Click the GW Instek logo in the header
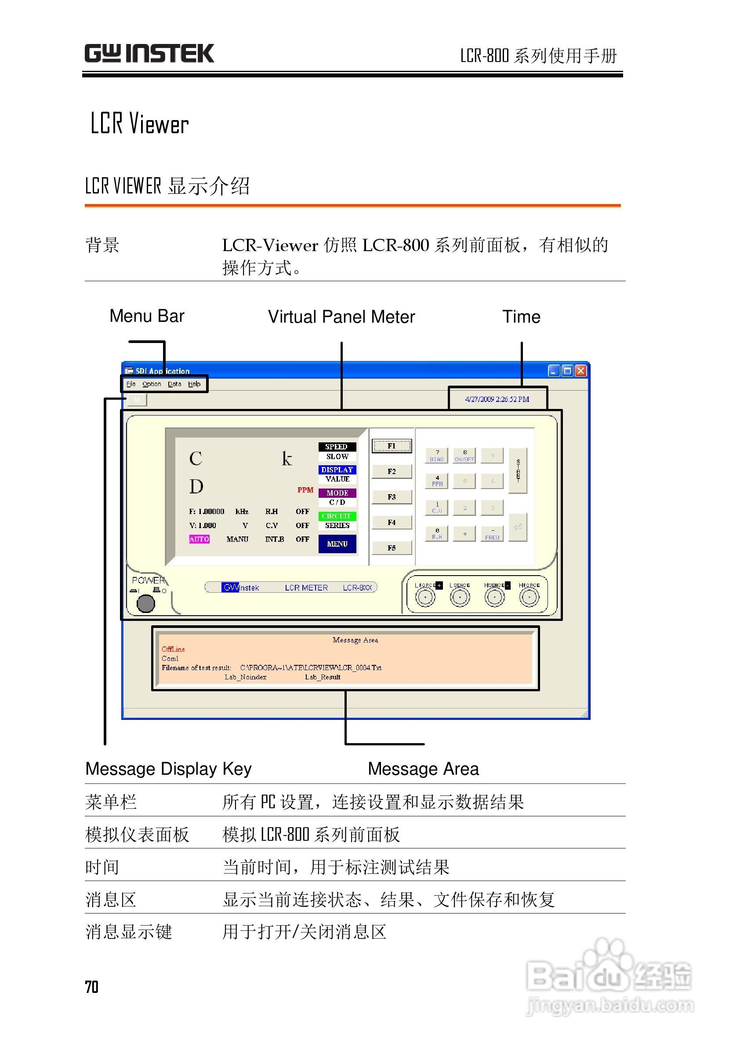(x=149, y=53)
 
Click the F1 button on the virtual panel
(x=392, y=445)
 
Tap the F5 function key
(x=392, y=547)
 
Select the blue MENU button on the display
(x=337, y=544)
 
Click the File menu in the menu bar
(x=131, y=384)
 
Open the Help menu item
(x=194, y=384)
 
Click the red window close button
(x=580, y=371)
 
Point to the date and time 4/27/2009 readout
(x=497, y=399)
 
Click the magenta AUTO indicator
(x=199, y=539)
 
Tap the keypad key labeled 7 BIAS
(x=436, y=455)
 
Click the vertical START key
(x=518, y=470)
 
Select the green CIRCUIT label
(x=337, y=516)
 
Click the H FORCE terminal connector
(x=529, y=597)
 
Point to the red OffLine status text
(x=173, y=649)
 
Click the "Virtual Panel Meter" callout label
(x=341, y=317)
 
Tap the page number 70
(x=91, y=986)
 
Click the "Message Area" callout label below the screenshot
(x=423, y=768)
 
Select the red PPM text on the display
(x=305, y=490)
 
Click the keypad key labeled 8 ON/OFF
(x=465, y=455)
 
